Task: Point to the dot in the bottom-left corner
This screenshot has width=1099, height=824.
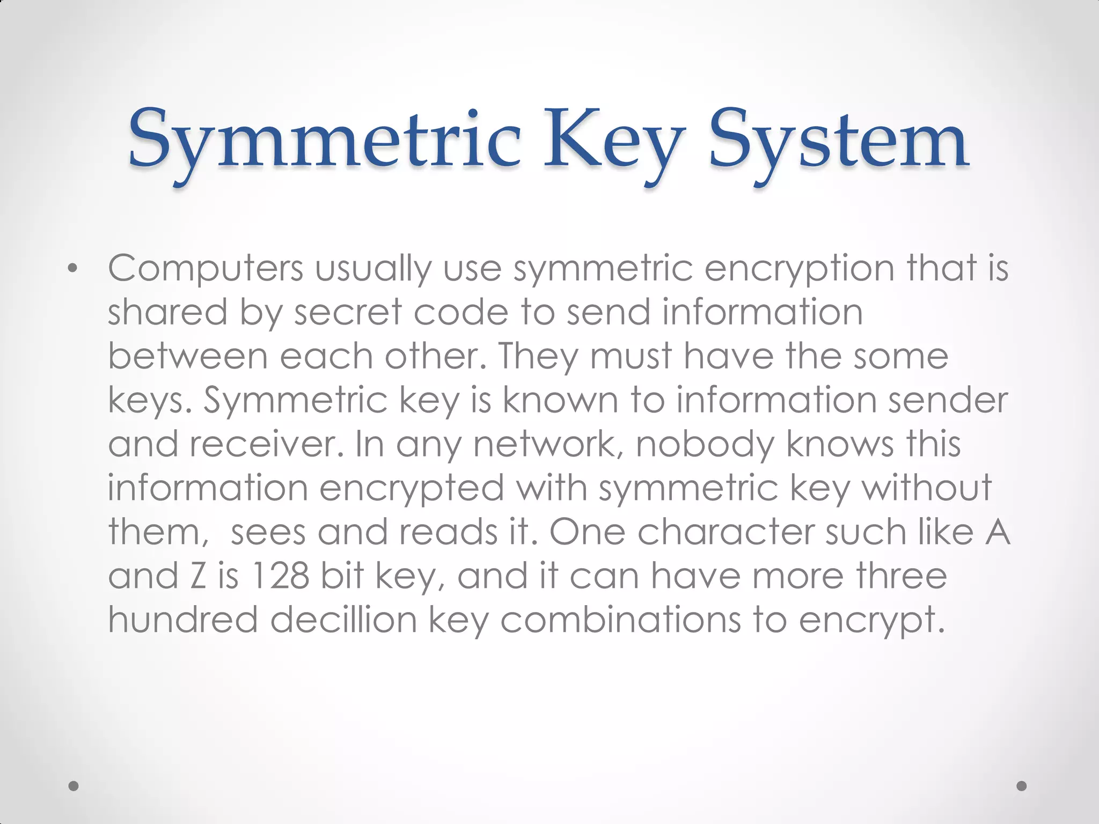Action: point(74,786)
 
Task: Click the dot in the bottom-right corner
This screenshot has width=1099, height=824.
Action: point(1022,786)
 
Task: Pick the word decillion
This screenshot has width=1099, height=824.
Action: point(343,620)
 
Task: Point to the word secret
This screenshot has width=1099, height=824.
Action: point(348,312)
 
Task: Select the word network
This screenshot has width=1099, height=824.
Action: point(547,444)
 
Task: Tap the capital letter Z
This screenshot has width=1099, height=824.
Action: point(198,576)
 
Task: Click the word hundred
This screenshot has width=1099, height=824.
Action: point(183,620)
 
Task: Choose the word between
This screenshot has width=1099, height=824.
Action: point(187,356)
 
